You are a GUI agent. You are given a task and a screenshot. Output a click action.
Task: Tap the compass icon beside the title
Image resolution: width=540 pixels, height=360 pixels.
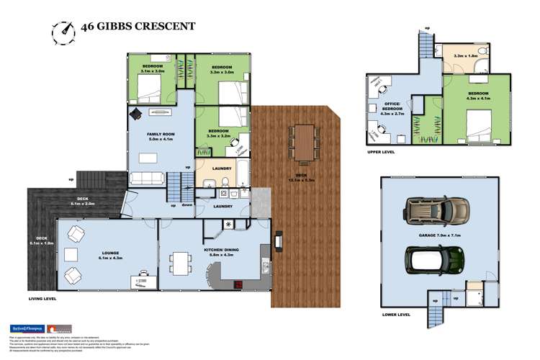pyautogui.click(x=63, y=31)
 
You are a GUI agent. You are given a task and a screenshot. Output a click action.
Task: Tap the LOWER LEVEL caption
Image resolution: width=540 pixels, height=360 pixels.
pyautogui.click(x=396, y=315)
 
